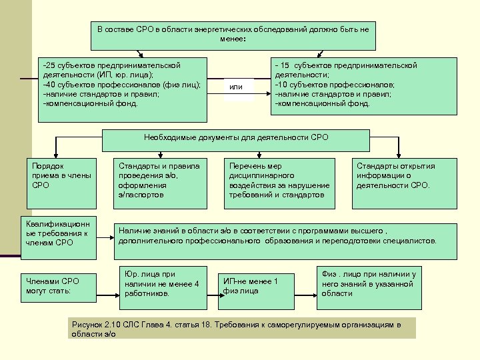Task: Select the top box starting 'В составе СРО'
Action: coord(233,35)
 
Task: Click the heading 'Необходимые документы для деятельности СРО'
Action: coord(236,139)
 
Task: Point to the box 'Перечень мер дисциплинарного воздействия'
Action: coord(279,180)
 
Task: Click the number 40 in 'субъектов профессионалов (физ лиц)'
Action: coord(49,85)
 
